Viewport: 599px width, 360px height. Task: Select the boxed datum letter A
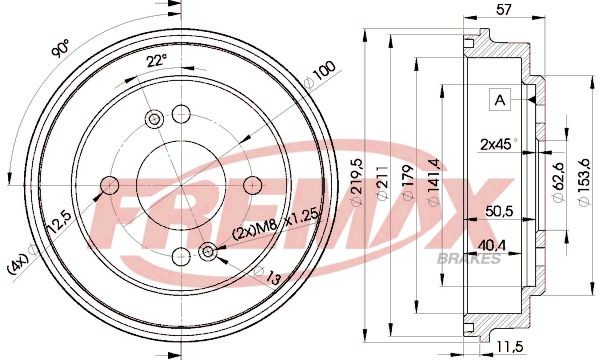pos(498,99)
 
